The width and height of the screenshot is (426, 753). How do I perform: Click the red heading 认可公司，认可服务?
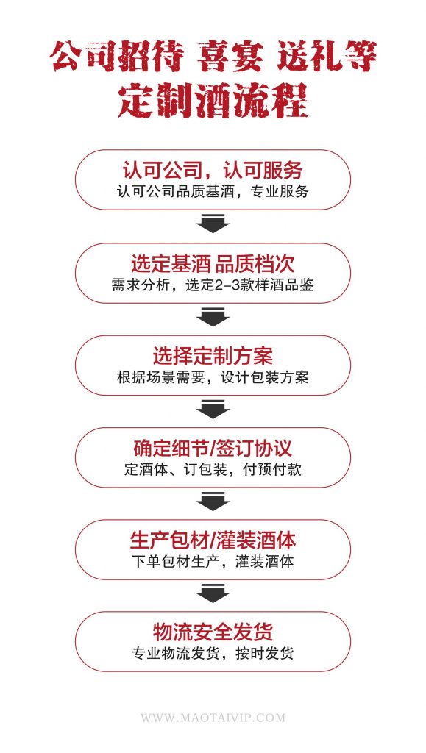coord(213,170)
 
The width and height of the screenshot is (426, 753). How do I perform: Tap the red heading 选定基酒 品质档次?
coord(213,264)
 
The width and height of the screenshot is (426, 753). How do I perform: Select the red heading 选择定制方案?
coord(213,356)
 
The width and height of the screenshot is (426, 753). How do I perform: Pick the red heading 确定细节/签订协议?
coord(213,448)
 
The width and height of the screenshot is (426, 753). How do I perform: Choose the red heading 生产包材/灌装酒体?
coord(213,540)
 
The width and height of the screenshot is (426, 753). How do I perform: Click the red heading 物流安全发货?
coord(213,632)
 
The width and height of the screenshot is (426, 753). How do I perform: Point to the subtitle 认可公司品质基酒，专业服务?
coord(213,191)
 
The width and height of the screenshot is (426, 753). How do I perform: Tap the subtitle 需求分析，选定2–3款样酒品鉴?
coord(213,285)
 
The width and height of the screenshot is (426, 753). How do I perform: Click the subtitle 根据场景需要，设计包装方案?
coord(213,377)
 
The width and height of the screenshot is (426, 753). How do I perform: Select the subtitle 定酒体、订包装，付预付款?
coord(213,469)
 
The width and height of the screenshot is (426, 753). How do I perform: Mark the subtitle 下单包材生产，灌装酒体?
coord(213,561)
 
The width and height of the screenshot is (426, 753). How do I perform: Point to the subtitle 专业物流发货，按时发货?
coord(213,654)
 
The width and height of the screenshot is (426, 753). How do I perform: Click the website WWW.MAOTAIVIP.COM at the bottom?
coord(213,718)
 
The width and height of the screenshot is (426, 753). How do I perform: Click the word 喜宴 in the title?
coord(230,56)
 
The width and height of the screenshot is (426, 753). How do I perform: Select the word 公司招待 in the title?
coord(117,56)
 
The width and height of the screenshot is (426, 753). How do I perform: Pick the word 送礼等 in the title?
coord(327,56)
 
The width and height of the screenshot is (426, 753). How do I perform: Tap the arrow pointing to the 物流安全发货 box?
coord(213,593)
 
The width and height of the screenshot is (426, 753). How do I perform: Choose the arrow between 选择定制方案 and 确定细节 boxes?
coord(213,409)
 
